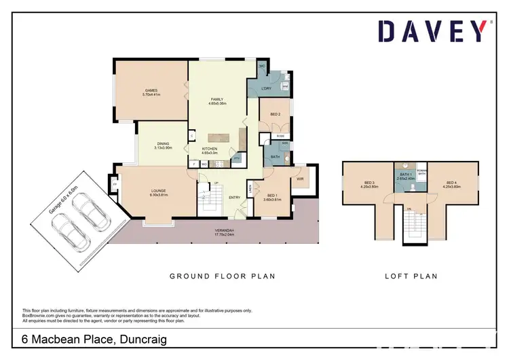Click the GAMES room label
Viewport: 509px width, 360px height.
pyautogui.click(x=150, y=91)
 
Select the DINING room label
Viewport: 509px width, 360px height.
pyautogui.click(x=164, y=145)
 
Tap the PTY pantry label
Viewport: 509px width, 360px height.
pyautogui.click(x=237, y=158)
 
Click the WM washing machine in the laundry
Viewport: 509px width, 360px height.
pyautogui.click(x=285, y=87)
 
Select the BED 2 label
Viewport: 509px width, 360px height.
pyautogui.click(x=275, y=114)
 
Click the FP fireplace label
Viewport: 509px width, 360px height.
pyautogui.click(x=115, y=185)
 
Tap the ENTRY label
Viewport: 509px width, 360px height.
pyautogui.click(x=234, y=198)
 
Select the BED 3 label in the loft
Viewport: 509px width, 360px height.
pyautogui.click(x=369, y=183)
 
